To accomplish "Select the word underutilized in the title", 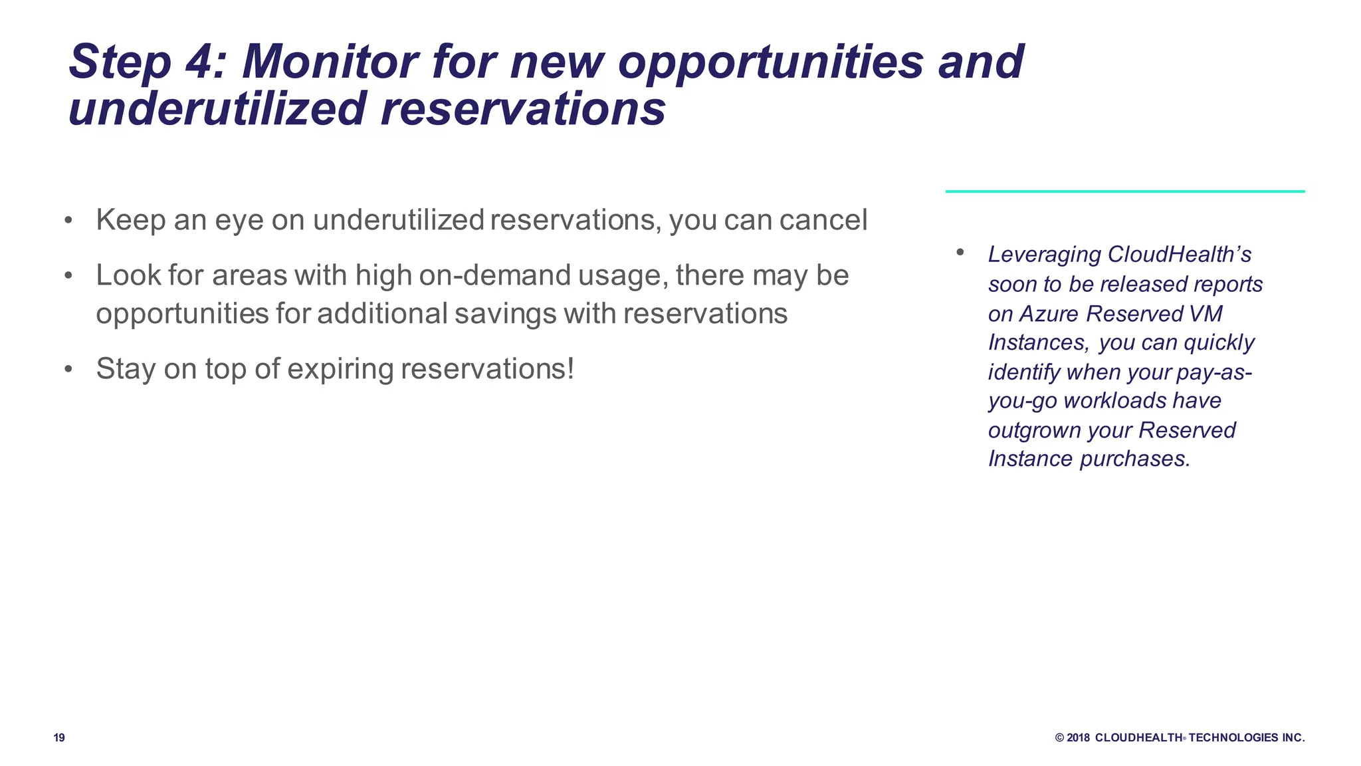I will coord(217,109).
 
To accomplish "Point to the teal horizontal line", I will coord(1124,191).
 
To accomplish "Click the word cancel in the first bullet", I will coord(823,220).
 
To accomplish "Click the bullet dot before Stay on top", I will coord(68,369).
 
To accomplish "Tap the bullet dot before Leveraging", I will coord(960,252).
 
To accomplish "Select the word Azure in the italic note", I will coord(1050,313).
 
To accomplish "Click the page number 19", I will coord(59,737).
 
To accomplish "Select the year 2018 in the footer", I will coord(1079,737).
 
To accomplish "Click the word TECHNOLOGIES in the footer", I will coord(1233,737).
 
